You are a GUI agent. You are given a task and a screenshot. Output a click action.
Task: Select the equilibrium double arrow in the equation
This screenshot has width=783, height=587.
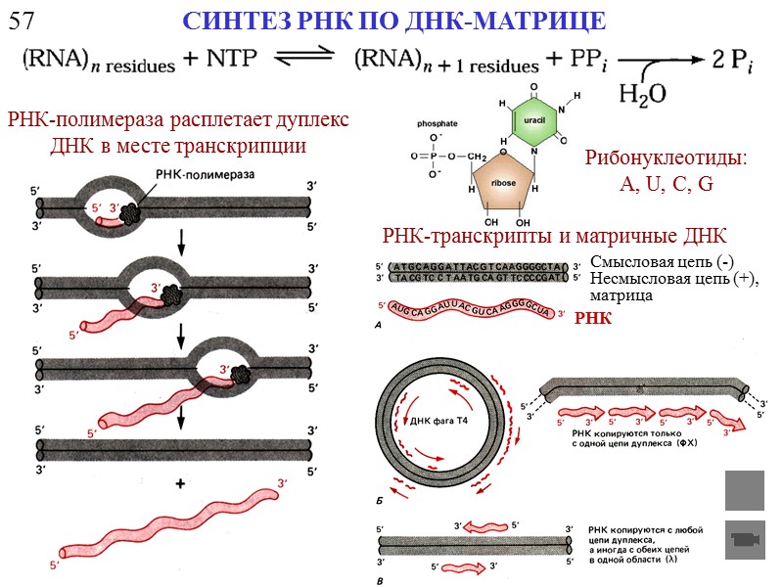click(302, 61)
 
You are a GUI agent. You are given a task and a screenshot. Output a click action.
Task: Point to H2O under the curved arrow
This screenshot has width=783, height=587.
click(642, 93)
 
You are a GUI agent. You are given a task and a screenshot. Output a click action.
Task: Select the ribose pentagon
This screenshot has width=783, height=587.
click(503, 182)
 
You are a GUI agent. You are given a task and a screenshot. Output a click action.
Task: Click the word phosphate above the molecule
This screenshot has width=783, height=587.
click(437, 124)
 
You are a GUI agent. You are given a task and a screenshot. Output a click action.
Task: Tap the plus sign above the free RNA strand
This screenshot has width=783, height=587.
click(180, 484)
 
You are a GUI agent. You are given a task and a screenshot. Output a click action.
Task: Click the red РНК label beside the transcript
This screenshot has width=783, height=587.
click(593, 318)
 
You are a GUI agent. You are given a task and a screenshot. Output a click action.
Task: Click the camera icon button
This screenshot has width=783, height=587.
click(744, 539)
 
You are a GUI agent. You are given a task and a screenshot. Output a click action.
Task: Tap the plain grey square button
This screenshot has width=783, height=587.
click(744, 490)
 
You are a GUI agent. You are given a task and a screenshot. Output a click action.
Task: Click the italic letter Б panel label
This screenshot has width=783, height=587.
click(380, 500)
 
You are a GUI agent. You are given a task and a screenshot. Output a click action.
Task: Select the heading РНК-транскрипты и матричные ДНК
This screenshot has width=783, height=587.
click(553, 237)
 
